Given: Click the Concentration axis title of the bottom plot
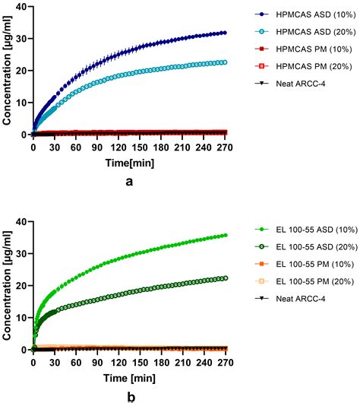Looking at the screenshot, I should coord(8,285).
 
